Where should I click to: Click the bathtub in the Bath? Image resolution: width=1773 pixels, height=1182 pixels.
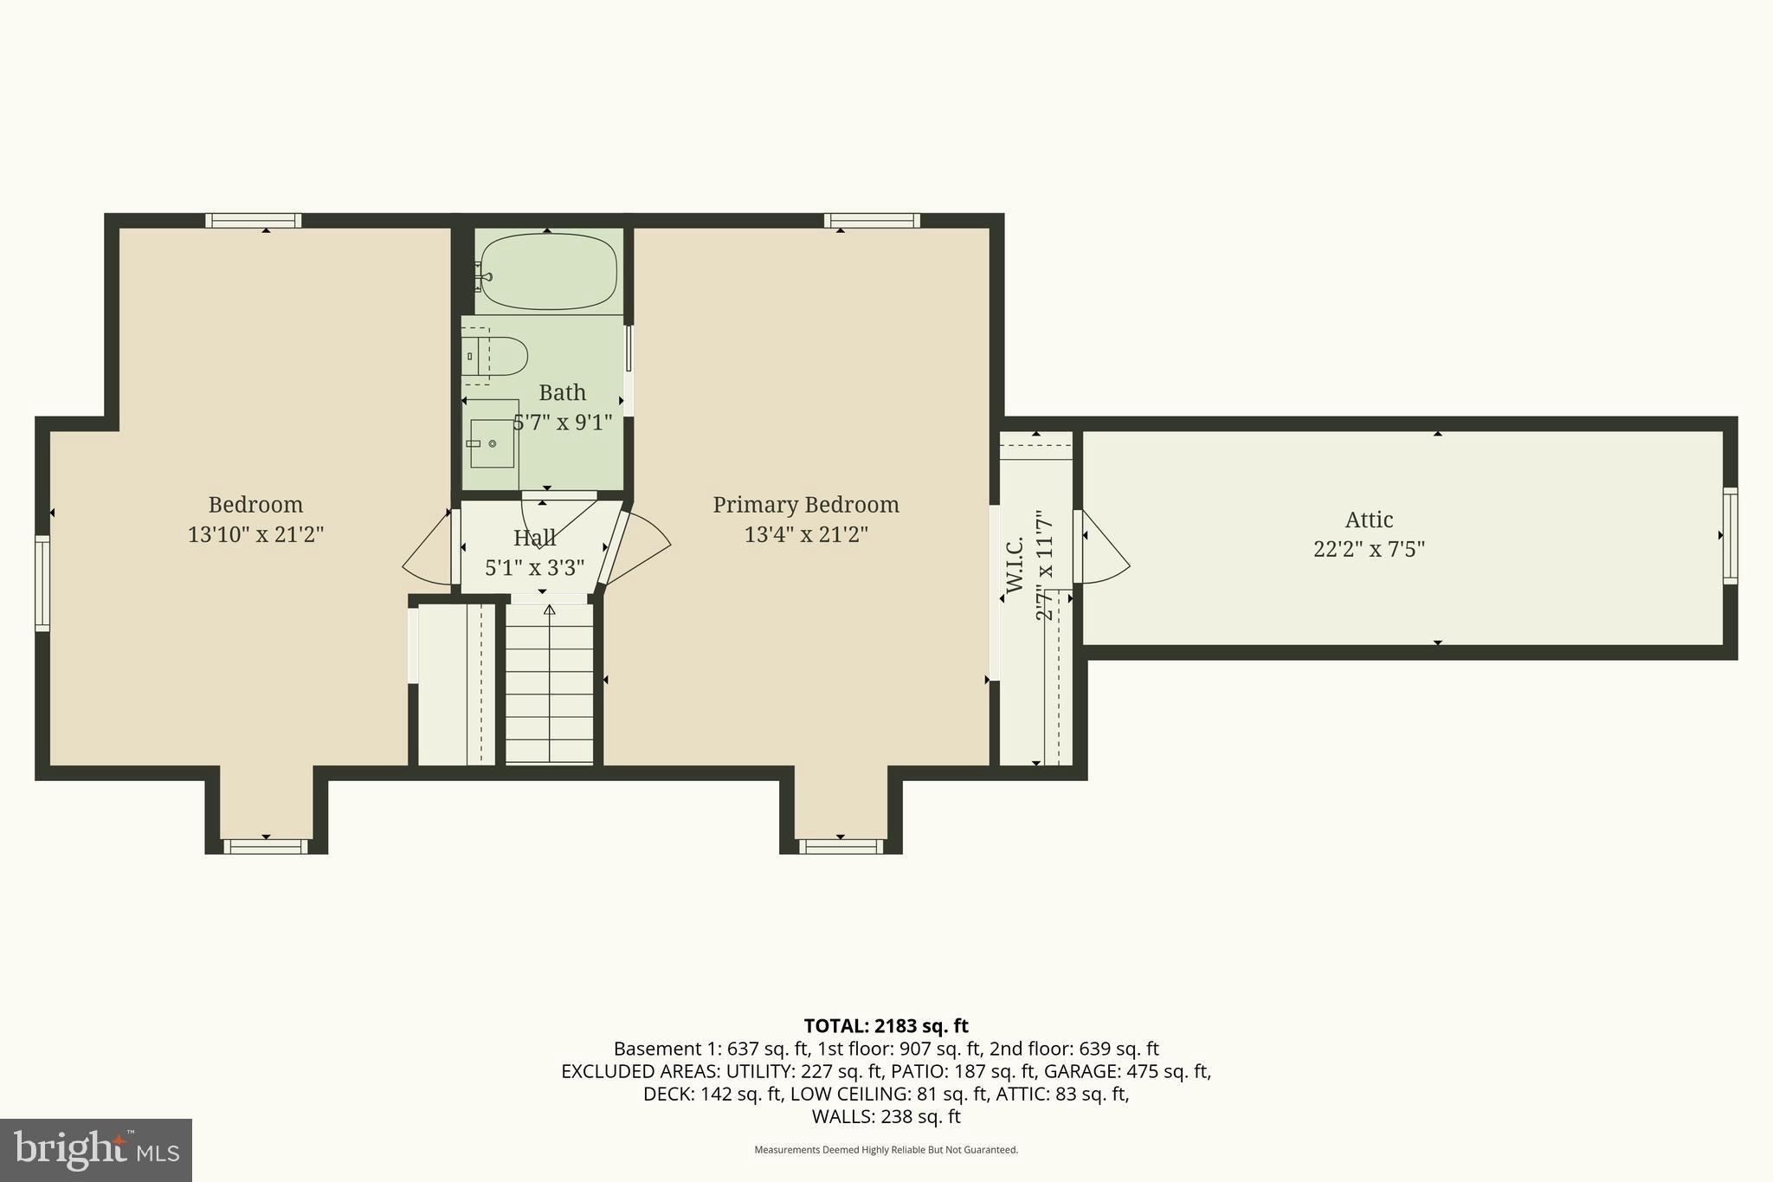[549, 271]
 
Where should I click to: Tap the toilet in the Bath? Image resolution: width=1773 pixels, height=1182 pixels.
[497, 356]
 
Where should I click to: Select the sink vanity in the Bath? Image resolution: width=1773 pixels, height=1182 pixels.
[492, 444]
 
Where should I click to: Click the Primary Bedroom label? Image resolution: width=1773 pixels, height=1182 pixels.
[805, 505]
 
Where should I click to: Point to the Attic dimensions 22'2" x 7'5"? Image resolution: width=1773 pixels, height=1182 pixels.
[1369, 549]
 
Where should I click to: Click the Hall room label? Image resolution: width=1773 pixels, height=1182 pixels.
[534, 538]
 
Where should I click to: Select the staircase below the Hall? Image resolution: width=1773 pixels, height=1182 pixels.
[549, 684]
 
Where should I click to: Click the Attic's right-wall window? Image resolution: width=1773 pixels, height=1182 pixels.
[1729, 535]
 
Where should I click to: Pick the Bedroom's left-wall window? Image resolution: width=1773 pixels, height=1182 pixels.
[42, 583]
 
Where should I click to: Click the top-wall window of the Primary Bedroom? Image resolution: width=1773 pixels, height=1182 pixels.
[872, 220]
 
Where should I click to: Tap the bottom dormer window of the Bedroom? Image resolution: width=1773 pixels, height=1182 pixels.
[266, 846]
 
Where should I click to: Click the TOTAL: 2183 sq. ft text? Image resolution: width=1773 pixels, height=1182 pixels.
[886, 1026]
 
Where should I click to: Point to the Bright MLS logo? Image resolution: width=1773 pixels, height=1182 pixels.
[95, 1150]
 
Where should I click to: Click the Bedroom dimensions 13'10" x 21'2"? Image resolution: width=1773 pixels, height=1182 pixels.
[255, 534]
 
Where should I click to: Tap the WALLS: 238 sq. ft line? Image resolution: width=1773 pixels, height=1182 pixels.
[886, 1116]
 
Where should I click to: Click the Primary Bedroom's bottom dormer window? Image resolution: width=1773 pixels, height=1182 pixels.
[841, 846]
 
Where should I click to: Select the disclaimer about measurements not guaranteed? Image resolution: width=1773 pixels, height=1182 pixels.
[886, 1150]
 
